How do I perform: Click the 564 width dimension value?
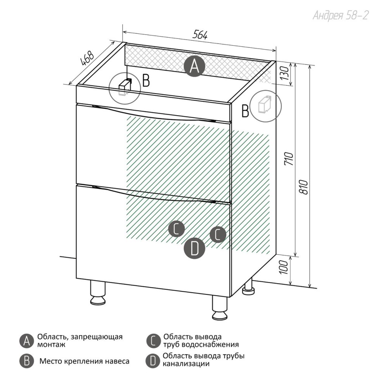[200, 35]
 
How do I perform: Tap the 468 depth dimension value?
[87, 59]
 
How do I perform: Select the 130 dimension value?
[284, 73]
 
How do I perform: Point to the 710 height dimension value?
[289, 159]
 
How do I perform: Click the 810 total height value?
[304, 187]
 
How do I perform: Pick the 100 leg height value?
[284, 267]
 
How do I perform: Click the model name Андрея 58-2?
[341, 16]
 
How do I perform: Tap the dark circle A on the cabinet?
[194, 66]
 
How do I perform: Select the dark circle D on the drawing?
[194, 248]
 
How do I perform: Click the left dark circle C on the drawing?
[177, 229]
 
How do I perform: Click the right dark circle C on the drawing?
[218, 234]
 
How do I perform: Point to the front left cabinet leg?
[98, 293]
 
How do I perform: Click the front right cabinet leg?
[220, 308]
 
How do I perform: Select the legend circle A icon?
[26, 341]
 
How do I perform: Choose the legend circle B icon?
[26, 361]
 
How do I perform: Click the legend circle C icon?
[153, 341]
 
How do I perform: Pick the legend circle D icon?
[152, 361]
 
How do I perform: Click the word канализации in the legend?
[186, 364]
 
